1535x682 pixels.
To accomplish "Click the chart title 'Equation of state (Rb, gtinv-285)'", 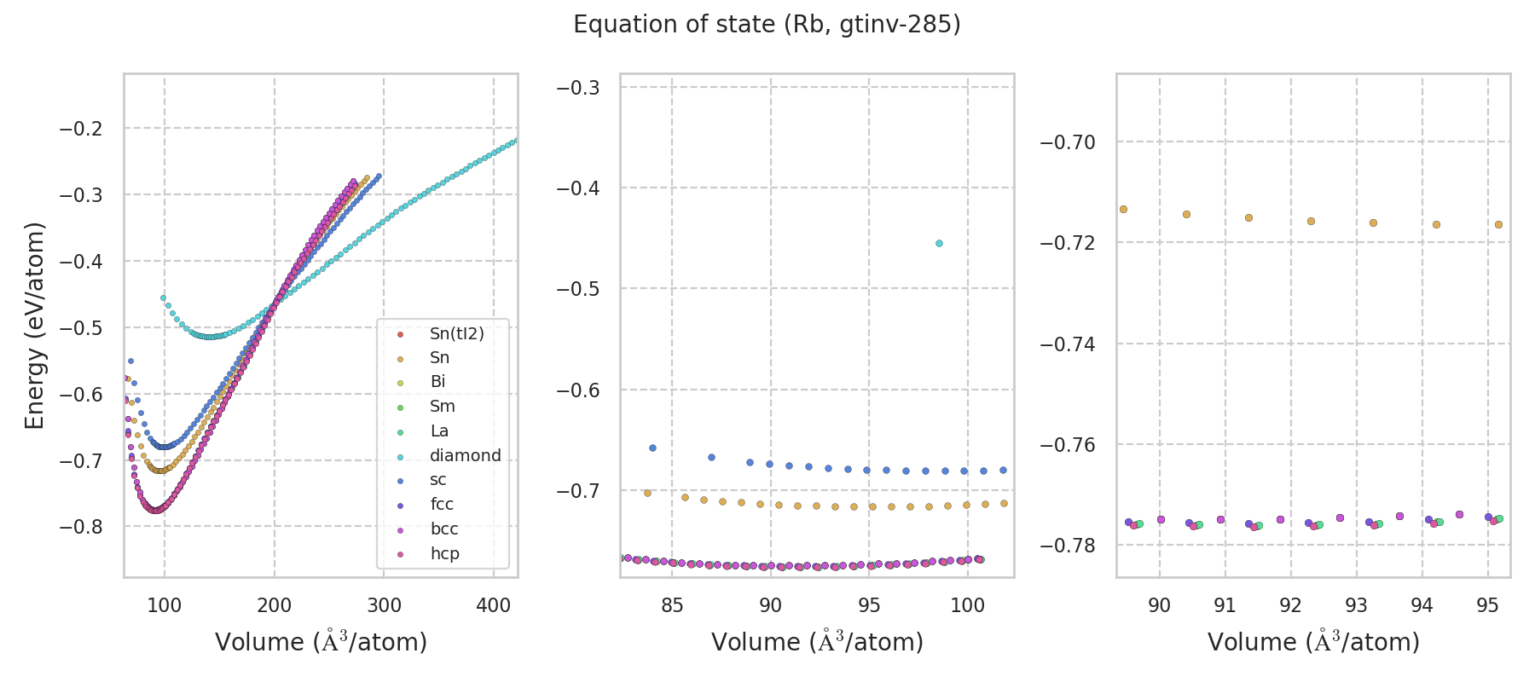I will click(767, 25).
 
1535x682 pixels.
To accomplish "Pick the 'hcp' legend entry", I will click(444, 554).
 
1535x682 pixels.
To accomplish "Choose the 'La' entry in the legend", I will click(439, 431).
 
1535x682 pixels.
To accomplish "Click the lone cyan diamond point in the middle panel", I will click(939, 244).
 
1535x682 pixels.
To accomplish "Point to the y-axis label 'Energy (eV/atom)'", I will click(34, 326).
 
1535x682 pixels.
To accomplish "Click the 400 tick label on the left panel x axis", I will click(493, 606).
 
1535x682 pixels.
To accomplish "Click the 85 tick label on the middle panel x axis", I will click(672, 606).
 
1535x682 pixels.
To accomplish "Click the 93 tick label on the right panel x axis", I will click(1356, 606).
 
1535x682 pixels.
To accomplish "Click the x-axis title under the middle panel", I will click(817, 643).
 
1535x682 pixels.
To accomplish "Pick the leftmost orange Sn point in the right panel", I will click(1123, 209).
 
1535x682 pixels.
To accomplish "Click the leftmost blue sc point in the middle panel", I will click(652, 448).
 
